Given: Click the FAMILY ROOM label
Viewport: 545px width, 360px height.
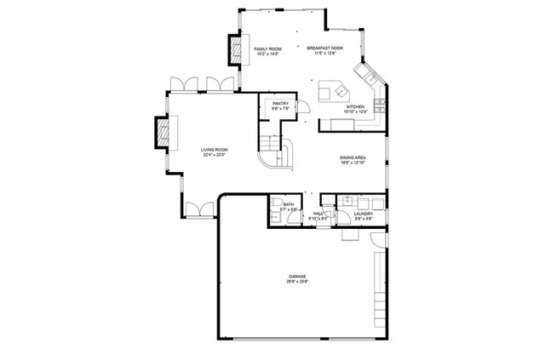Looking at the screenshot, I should point(267,49).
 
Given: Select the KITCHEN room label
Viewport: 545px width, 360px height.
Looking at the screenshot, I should point(354,106).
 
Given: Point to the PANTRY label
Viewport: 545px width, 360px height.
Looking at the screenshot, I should point(281,104).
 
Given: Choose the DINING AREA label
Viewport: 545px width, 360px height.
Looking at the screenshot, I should point(353,157).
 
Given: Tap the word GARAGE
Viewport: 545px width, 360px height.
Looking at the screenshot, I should point(297,277).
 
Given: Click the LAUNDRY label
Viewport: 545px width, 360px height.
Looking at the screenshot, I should point(364,214).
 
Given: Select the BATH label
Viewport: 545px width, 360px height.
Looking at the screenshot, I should point(289,204).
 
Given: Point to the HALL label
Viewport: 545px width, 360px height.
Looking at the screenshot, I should point(317,214).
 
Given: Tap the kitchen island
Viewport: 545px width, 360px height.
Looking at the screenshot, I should point(330,89).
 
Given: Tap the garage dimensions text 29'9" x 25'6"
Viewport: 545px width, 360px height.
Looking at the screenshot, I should point(297,283).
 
